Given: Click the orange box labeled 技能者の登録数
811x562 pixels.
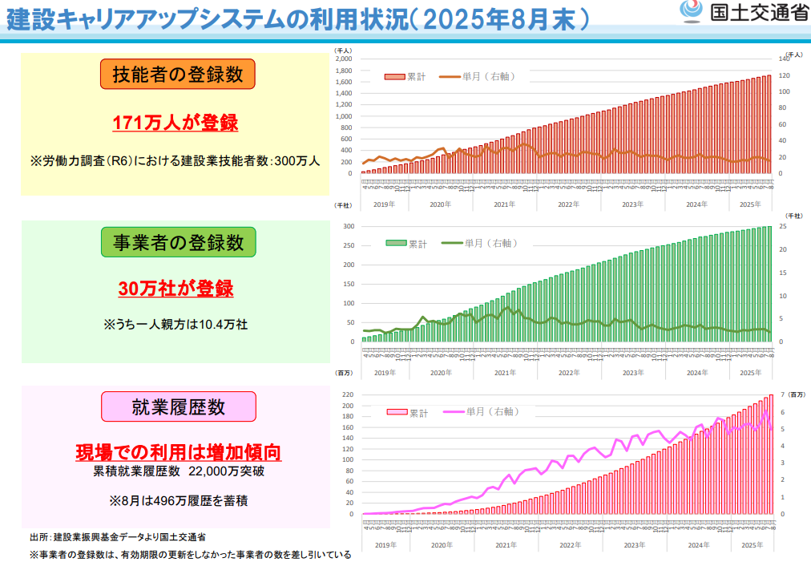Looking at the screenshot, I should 177,75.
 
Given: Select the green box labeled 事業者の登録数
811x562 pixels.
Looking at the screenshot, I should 178,241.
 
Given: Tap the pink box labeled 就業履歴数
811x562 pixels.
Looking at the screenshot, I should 178,406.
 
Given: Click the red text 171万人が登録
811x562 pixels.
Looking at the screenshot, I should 176,123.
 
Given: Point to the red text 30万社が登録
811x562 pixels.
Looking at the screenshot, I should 176,289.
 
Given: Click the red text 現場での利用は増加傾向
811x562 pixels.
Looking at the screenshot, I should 178,452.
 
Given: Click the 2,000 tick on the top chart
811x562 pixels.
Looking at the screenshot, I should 344,59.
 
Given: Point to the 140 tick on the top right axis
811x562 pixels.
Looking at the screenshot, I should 785,59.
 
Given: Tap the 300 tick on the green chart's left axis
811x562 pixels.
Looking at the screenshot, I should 349,227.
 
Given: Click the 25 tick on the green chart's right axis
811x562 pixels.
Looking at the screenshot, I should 783,227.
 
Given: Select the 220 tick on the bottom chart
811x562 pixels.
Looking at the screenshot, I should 348,395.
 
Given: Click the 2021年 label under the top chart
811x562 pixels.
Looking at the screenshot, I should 505,204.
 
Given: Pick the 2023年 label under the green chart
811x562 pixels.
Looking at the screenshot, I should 633,373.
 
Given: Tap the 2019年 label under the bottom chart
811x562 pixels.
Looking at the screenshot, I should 385,545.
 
